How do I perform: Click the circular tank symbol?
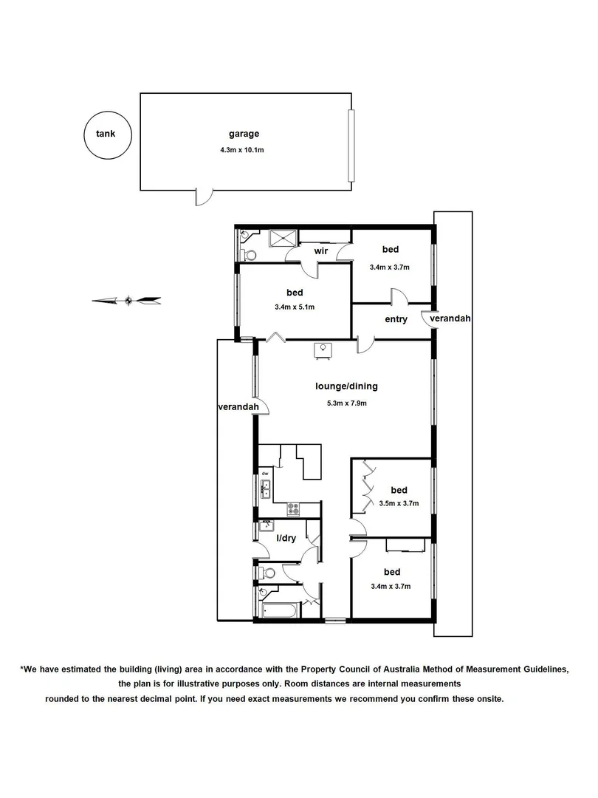pos(107,134)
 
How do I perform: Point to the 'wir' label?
pos(320,252)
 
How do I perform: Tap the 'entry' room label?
pos(396,319)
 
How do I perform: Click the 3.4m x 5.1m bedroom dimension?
pos(294,308)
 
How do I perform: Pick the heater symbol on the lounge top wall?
pos(323,349)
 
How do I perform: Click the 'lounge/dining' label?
pos(346,386)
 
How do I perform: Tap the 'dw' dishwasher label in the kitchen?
pos(264,473)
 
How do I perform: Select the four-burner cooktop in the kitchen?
pos(293,508)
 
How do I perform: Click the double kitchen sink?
pos(266,490)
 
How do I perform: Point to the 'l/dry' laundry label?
pos(286,539)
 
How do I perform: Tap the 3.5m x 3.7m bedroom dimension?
pos(399,504)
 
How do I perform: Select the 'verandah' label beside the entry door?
pos(450,318)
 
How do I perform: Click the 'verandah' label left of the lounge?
pos(237,407)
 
